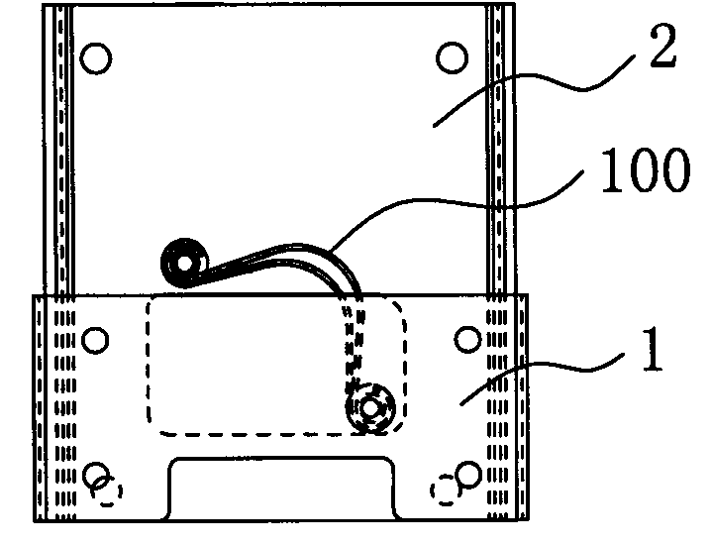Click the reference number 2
pyautogui.click(x=662, y=46)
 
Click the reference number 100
pyautogui.click(x=645, y=170)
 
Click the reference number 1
pyautogui.click(x=653, y=350)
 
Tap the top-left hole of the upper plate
pyautogui.click(x=96, y=58)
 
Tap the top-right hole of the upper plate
pyautogui.click(x=453, y=58)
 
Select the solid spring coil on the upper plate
pyautogui.click(x=184, y=263)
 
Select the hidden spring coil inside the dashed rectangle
pyautogui.click(x=370, y=408)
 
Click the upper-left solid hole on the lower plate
pyautogui.click(x=95, y=340)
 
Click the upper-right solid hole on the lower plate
pyautogui.click(x=467, y=340)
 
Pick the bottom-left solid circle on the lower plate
pyautogui.click(x=97, y=476)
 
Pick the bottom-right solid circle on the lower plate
pyautogui.click(x=468, y=475)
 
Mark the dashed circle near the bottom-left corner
pyautogui.click(x=107, y=491)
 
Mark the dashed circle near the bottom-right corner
pyautogui.click(x=446, y=491)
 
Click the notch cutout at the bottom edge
pyautogui.click(x=282, y=489)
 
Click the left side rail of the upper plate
pyautogui.click(x=58, y=150)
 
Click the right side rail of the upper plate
pyautogui.click(x=501, y=150)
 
